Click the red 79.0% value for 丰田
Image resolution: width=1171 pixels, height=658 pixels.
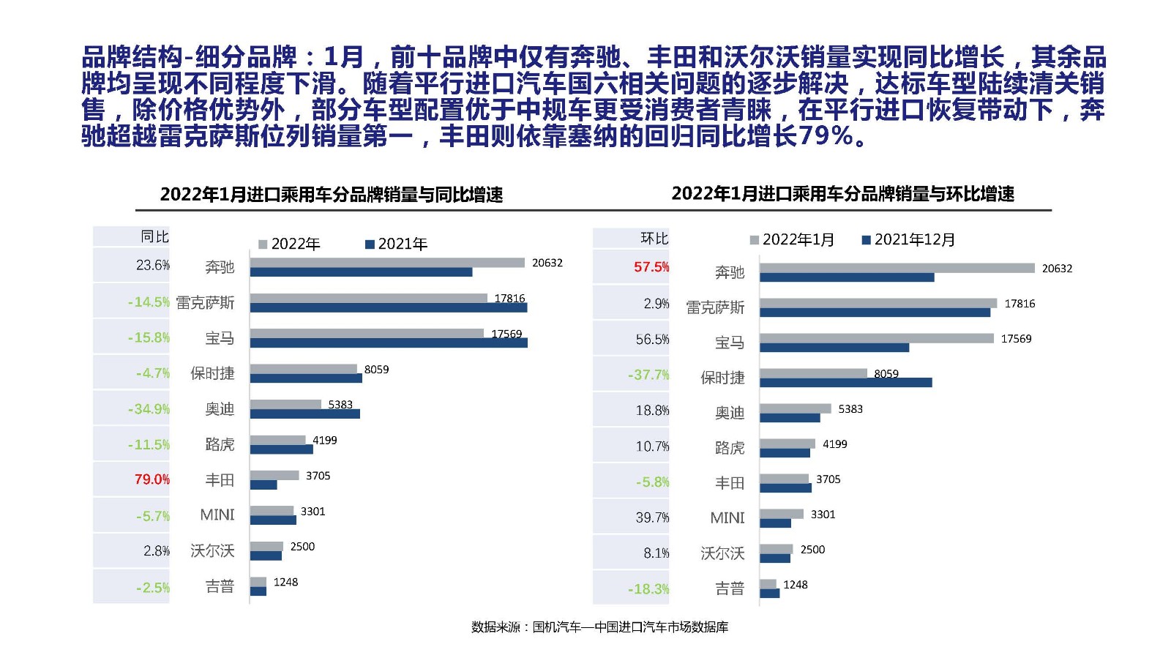coord(151,479)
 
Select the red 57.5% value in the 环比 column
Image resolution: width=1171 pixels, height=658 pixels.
coord(651,267)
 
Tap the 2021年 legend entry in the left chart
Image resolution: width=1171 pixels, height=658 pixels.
coord(396,244)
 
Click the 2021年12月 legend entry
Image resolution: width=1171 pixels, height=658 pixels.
coord(908,240)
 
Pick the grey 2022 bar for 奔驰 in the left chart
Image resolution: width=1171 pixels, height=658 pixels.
coord(387,263)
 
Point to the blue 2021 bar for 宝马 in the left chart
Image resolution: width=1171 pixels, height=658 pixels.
coord(389,343)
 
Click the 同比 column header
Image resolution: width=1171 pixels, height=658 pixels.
coord(154,236)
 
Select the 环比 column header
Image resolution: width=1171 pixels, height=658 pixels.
coord(654,238)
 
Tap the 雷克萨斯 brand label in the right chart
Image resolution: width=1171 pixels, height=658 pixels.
coord(715,307)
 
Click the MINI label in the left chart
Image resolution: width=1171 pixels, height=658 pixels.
coord(217,515)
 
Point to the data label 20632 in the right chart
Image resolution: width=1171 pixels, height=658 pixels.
coord(1057,269)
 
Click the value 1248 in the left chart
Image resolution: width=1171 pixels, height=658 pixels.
coord(285,582)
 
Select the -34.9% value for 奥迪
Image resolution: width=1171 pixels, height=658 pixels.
coord(149,409)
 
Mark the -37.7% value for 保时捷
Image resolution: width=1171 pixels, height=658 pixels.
coord(648,375)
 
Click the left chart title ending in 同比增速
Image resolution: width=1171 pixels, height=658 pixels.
coord(331,195)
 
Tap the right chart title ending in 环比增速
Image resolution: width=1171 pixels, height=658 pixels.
coord(842,194)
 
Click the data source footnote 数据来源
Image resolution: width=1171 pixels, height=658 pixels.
coord(599,627)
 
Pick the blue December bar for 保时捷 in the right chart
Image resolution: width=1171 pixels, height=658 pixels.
coord(845,382)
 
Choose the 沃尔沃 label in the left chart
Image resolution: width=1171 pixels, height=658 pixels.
coord(212,550)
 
